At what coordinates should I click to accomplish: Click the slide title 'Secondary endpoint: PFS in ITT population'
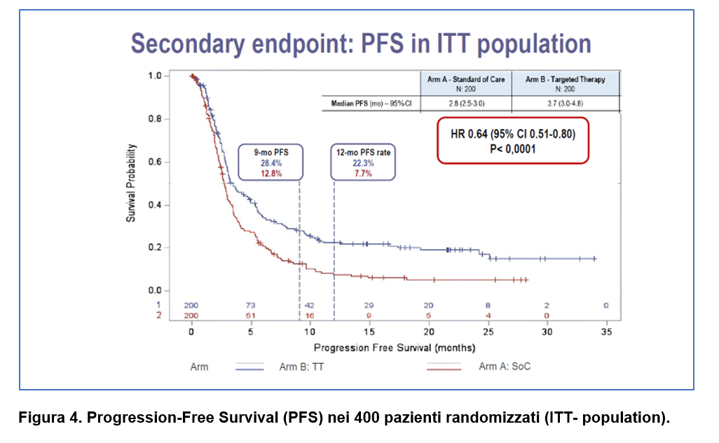(x=361, y=43)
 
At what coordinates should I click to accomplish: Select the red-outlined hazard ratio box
(x=512, y=140)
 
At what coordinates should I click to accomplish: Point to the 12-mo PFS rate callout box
(x=362, y=162)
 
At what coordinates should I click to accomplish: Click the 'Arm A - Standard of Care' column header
(x=465, y=83)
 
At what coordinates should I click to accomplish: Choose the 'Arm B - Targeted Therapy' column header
(x=565, y=83)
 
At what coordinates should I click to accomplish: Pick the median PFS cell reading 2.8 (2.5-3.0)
(x=465, y=104)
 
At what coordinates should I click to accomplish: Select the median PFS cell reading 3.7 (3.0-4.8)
(x=565, y=104)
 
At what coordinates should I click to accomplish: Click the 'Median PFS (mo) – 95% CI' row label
(x=371, y=104)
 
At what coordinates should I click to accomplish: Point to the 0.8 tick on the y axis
(x=155, y=118)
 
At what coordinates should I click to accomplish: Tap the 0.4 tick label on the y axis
(x=155, y=205)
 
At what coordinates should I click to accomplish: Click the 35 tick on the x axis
(x=606, y=332)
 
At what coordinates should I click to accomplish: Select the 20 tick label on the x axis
(x=428, y=332)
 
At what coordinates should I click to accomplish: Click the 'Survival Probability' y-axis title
(x=131, y=183)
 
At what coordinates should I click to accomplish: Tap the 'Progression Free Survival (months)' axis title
(x=395, y=348)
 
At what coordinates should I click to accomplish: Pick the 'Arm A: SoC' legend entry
(x=500, y=367)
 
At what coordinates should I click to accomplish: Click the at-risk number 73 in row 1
(x=250, y=306)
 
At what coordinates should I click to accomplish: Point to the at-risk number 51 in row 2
(x=250, y=316)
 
